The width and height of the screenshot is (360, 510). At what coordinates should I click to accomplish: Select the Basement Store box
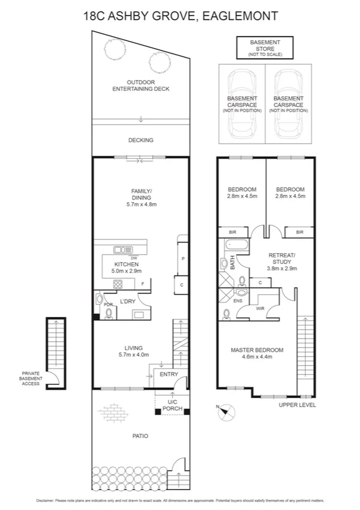pos(264,48)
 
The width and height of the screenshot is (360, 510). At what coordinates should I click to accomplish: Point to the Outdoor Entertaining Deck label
pos(141,85)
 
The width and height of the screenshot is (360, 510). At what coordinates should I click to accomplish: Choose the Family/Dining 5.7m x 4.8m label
pos(141,197)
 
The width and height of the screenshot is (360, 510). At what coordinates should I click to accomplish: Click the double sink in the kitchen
pos(123,250)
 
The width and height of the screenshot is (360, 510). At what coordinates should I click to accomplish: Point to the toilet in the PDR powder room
pos(109,313)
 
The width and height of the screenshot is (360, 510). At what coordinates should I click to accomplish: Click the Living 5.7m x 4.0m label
pos(132,351)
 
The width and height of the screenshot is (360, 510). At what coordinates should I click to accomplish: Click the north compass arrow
pos(227,413)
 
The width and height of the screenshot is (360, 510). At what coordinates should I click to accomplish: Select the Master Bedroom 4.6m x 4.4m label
pos(257,353)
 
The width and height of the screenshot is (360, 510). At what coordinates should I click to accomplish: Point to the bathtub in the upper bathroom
pos(233,245)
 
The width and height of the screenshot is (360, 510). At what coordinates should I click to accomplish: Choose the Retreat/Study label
pos(282,259)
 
